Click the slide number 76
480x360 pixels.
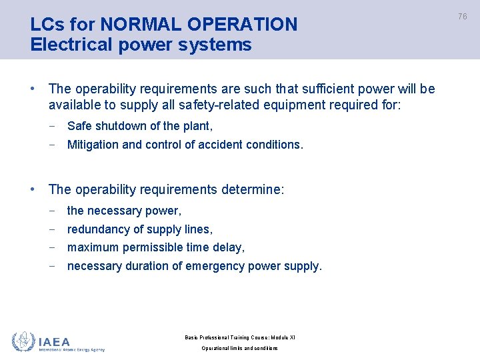tap(462, 16)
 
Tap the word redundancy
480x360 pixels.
tap(98, 229)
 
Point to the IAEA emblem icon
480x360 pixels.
tap(24, 341)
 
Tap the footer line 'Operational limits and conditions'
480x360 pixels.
tap(239, 349)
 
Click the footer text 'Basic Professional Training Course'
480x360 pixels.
tap(223, 337)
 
